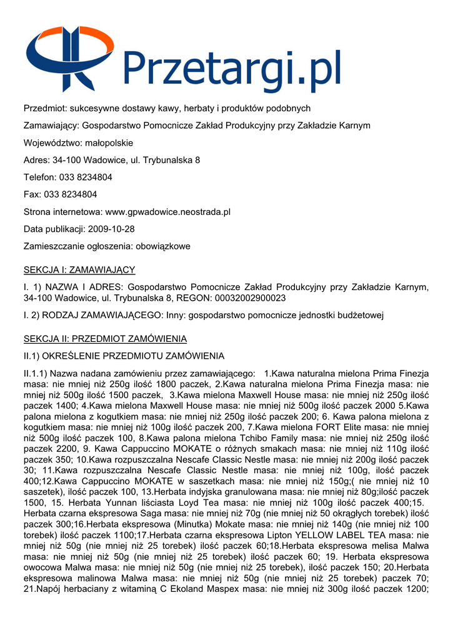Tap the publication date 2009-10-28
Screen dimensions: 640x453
point(111,229)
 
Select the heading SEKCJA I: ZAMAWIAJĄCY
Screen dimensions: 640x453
point(79,270)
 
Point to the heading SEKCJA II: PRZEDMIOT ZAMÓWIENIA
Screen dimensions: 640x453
point(105,339)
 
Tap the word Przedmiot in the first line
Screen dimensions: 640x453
point(44,108)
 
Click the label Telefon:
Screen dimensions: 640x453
point(40,177)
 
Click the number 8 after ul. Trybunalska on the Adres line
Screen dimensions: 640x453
point(197,160)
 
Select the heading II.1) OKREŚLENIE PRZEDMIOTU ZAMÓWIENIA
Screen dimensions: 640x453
point(124,356)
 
